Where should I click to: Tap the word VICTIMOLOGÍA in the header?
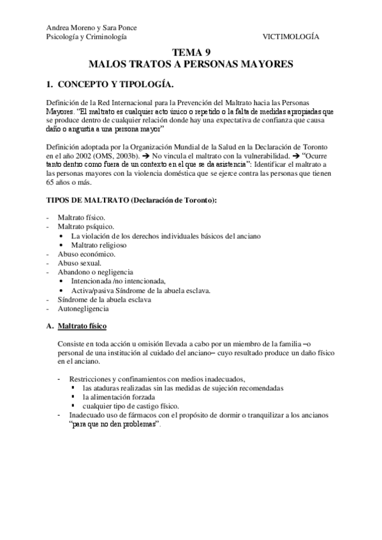click(291, 37)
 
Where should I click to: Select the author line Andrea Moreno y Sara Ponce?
click(92, 28)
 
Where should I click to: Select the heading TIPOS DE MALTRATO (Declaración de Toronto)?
click(132, 200)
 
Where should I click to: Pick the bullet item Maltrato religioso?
click(99, 245)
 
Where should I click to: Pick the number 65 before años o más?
click(52, 181)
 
